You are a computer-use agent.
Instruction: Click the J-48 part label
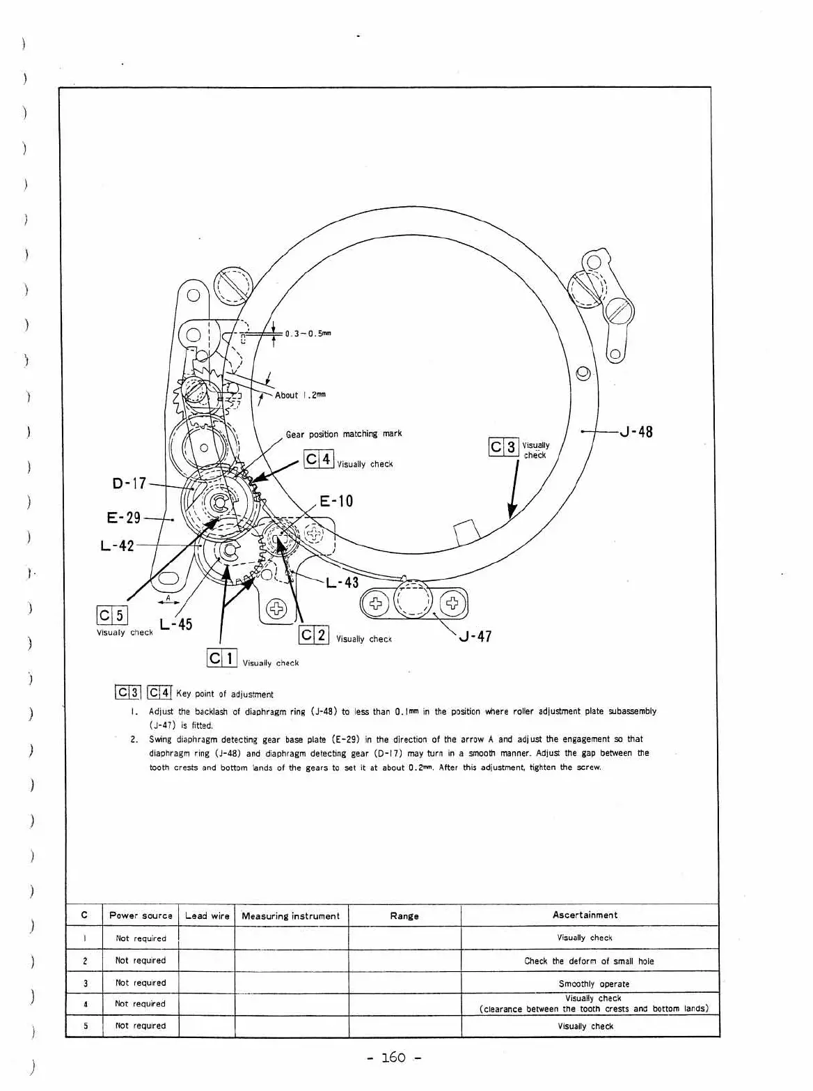pyautogui.click(x=636, y=432)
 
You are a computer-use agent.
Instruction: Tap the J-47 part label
pyautogui.click(x=475, y=636)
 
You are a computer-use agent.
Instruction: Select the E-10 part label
pyautogui.click(x=336, y=501)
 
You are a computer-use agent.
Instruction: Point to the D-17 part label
pyautogui.click(x=129, y=483)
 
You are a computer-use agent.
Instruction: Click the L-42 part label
pyautogui.click(x=117, y=545)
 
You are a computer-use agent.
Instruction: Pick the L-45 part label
pyautogui.click(x=175, y=624)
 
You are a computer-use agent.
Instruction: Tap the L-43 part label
pyautogui.click(x=342, y=582)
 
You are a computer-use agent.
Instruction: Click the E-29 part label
pyautogui.click(x=124, y=518)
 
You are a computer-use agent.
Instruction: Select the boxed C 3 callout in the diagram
pyautogui.click(x=504, y=447)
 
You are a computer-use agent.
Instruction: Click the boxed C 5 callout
pyautogui.click(x=112, y=615)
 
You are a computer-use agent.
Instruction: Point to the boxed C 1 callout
pyautogui.click(x=222, y=658)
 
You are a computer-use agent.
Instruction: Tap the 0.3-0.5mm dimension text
pyautogui.click(x=308, y=333)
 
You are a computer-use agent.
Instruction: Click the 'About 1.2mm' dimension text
pyautogui.click(x=300, y=395)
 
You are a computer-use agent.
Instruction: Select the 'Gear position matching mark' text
pyautogui.click(x=344, y=434)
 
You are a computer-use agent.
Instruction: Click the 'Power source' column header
pyautogui.click(x=141, y=915)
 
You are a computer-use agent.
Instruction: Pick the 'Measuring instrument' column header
pyautogui.click(x=290, y=916)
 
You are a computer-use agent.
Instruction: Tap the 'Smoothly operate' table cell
pyautogui.click(x=594, y=984)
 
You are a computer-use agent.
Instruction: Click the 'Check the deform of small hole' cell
pyautogui.click(x=589, y=961)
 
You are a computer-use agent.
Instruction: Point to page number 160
pyautogui.click(x=394, y=1058)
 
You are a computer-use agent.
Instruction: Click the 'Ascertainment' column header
pyautogui.click(x=585, y=915)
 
